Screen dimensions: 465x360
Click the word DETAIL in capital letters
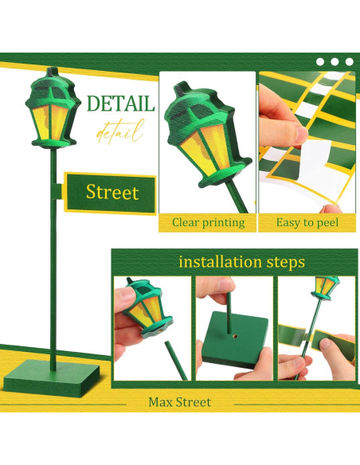coord(122,104)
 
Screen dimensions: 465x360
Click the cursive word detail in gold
coord(120,131)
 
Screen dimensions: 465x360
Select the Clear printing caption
coord(208,222)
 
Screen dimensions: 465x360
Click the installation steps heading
coord(241,261)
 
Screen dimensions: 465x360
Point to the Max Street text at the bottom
coord(180,401)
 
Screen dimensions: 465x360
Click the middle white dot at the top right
coord(334,61)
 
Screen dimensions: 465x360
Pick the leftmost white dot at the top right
coord(319,61)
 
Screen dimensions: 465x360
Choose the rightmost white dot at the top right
coord(348,61)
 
